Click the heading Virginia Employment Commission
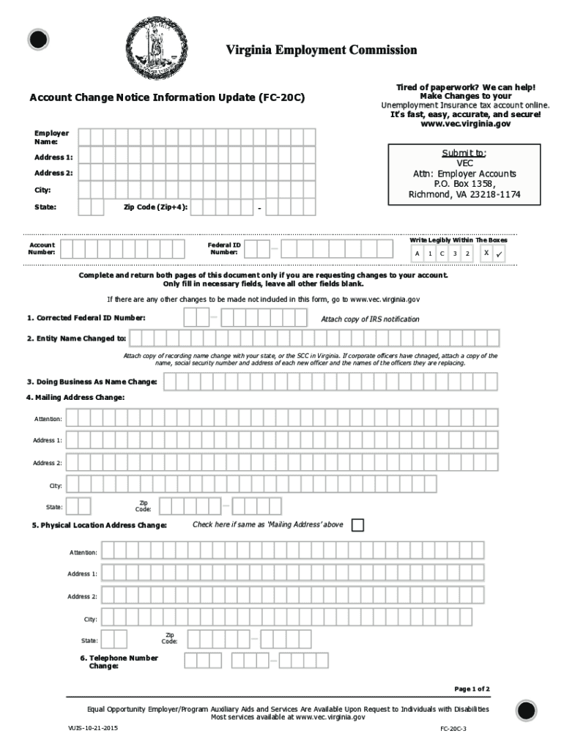pyautogui.click(x=321, y=50)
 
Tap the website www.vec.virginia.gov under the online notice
pyautogui.click(x=465, y=124)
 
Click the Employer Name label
pyautogui.click(x=51, y=137)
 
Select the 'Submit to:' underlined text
pyautogui.click(x=464, y=153)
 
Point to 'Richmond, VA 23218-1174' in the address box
pyautogui.click(x=464, y=195)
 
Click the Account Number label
pyautogui.click(x=42, y=248)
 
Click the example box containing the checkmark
pyautogui.click(x=500, y=253)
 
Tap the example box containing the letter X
pyautogui.click(x=486, y=253)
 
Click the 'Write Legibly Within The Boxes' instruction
pyautogui.click(x=458, y=240)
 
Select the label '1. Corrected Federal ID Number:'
pyautogui.click(x=86, y=318)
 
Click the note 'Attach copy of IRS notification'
pyautogui.click(x=370, y=319)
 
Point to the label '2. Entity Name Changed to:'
pyautogui.click(x=77, y=338)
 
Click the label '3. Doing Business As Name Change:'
pyautogui.click(x=92, y=382)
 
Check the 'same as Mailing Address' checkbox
pyautogui.click(x=357, y=525)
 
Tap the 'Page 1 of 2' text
pyautogui.click(x=472, y=689)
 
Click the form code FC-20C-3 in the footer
pyautogui.click(x=453, y=729)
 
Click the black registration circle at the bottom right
pyautogui.click(x=526, y=710)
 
